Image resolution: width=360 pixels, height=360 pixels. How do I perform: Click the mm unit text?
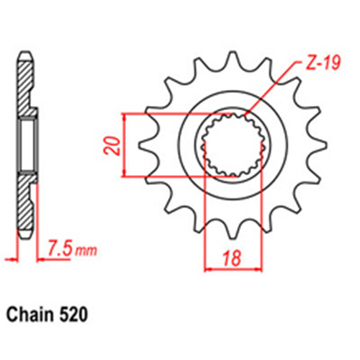pyautogui.click(x=86, y=251)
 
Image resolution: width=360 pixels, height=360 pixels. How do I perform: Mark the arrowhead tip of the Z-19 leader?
pyautogui.click(x=244, y=117)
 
